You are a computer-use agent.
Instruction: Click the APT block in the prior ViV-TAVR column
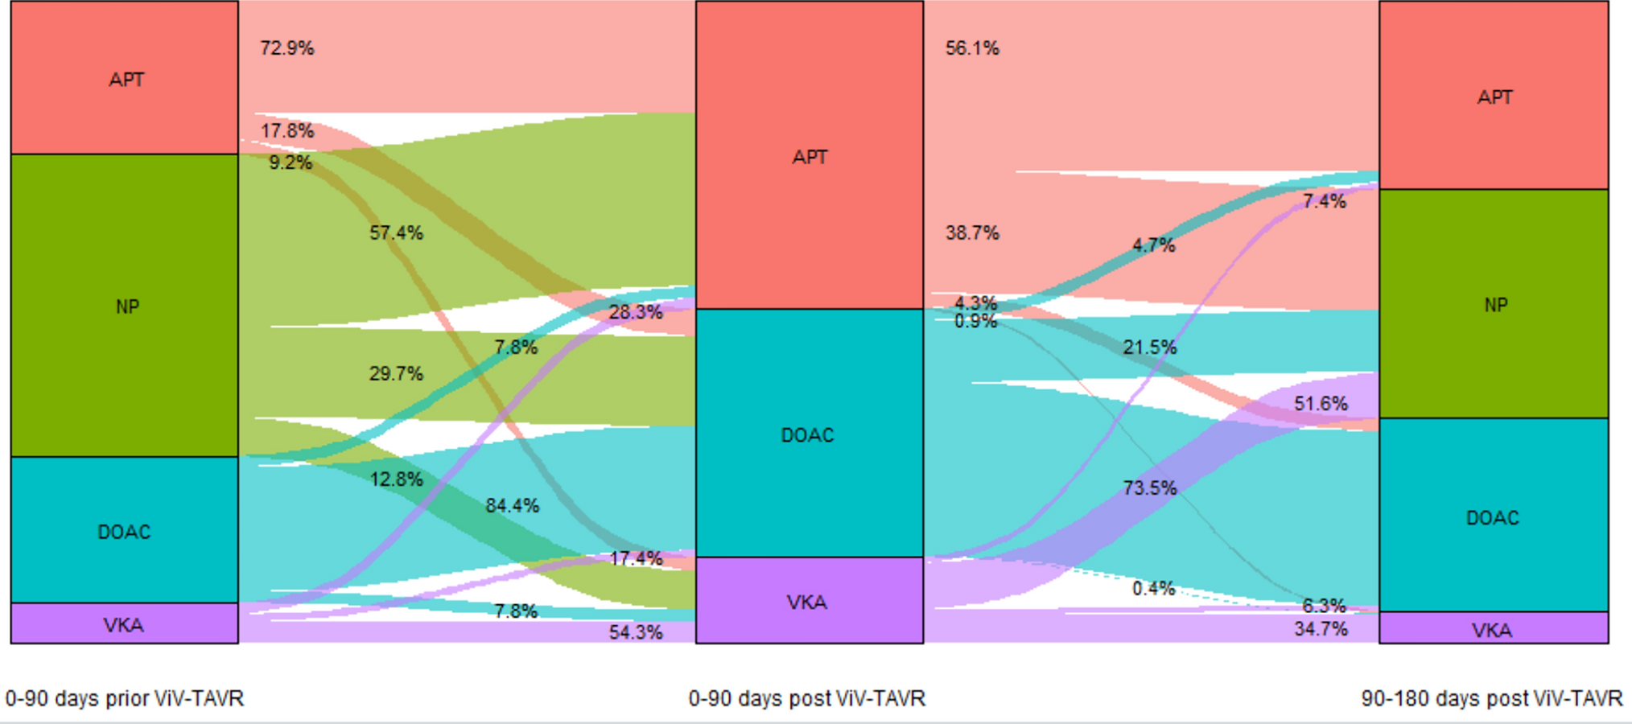tap(125, 78)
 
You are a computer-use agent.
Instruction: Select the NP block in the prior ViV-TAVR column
tap(125, 306)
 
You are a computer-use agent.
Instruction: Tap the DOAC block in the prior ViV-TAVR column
tap(125, 531)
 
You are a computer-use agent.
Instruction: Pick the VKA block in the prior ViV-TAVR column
tap(125, 624)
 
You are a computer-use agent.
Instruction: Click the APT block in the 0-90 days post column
tap(809, 156)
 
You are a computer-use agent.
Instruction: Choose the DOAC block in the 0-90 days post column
tap(809, 434)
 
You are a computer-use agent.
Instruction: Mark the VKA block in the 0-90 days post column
tap(809, 602)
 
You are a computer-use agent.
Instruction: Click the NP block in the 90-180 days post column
tap(1494, 305)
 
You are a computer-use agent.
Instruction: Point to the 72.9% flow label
tap(287, 48)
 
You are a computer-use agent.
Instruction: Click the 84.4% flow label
tap(513, 506)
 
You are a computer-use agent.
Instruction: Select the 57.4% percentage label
tap(396, 233)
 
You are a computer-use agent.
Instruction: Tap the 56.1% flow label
tap(972, 48)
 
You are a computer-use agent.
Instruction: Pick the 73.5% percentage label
tap(1150, 488)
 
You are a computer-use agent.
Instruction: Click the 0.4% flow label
tap(1153, 589)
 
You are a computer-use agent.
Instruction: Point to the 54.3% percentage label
tap(636, 632)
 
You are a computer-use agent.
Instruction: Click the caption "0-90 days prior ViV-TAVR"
tap(125, 698)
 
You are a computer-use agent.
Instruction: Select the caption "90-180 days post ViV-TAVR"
tap(1492, 698)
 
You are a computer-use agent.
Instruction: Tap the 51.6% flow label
tap(1321, 404)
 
